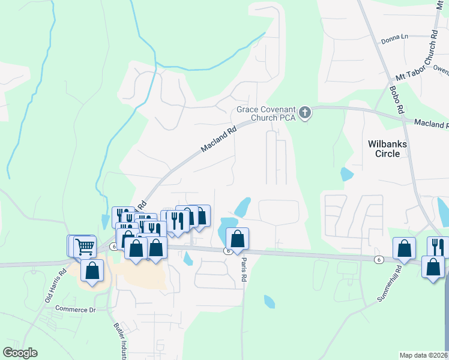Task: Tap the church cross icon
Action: (305, 112)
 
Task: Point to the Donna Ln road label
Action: (394, 40)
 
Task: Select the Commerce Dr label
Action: (76, 309)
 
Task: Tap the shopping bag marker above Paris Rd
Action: (238, 238)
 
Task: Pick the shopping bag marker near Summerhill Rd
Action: (405, 248)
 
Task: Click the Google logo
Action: (20, 353)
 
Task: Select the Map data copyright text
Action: (424, 355)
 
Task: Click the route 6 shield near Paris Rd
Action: (228, 251)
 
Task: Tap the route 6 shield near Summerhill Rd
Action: (378, 259)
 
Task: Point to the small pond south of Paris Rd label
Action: (269, 301)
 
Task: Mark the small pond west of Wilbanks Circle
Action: (346, 174)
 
